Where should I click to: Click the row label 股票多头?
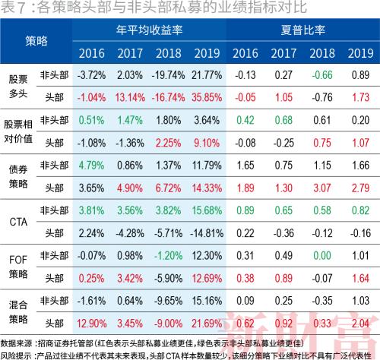click(x=17, y=86)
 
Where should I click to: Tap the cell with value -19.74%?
click(x=169, y=75)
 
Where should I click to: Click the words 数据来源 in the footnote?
click(x=19, y=344)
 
